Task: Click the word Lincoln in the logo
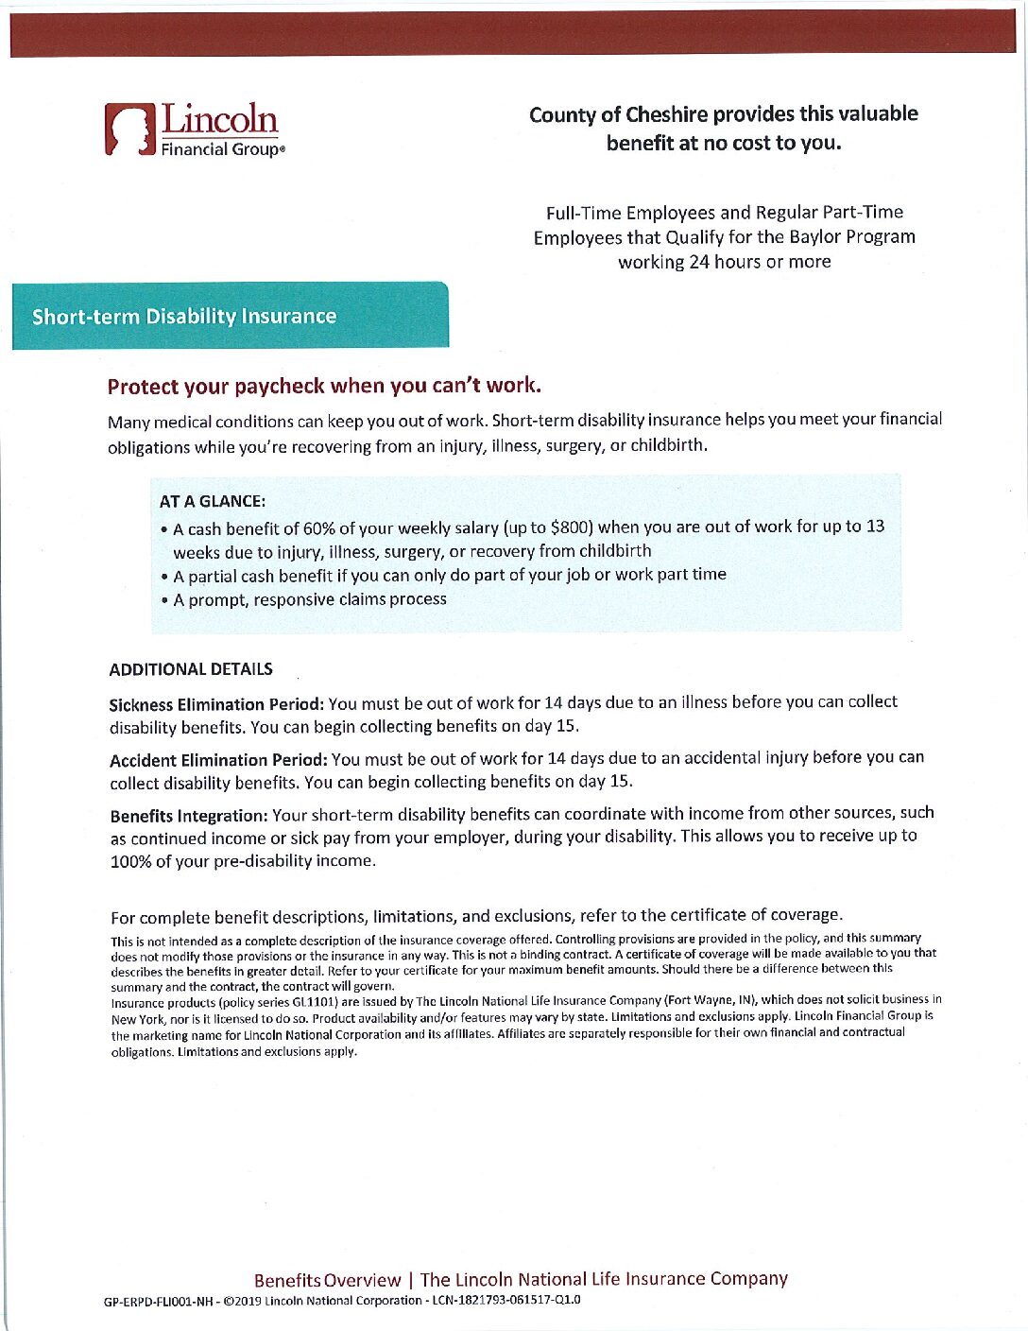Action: (x=220, y=119)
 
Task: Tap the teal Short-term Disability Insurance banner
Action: (x=230, y=316)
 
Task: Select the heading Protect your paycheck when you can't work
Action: (x=324, y=386)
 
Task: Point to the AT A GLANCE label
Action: (x=213, y=501)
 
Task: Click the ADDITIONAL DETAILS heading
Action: (x=191, y=669)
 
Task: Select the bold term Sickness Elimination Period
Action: (x=217, y=704)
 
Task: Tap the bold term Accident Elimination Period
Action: (x=218, y=759)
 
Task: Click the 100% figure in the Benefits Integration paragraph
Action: (x=130, y=861)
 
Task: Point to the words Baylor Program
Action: (x=854, y=236)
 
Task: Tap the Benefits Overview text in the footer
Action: (x=327, y=1280)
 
